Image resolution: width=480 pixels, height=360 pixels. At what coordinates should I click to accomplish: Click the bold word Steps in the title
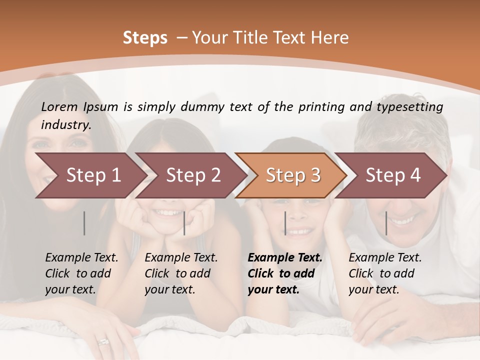(x=145, y=38)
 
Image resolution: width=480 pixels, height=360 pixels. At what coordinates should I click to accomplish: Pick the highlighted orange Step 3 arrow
(x=293, y=175)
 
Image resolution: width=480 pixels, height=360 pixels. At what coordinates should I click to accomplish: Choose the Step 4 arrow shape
(x=393, y=175)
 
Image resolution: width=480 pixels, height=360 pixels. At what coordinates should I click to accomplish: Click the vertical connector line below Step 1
(x=84, y=223)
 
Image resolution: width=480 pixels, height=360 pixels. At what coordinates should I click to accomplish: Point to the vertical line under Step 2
(x=184, y=223)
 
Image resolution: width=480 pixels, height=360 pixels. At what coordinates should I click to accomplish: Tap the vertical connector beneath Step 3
(x=285, y=223)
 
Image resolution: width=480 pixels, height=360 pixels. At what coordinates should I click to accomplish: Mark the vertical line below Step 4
(x=386, y=223)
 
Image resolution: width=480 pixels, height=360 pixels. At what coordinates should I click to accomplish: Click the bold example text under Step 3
(x=284, y=273)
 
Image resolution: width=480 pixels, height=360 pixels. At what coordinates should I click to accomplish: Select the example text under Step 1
(x=81, y=273)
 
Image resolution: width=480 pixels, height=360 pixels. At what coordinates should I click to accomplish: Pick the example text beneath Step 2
(x=181, y=273)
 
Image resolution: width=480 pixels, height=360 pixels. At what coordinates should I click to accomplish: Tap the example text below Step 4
(x=385, y=273)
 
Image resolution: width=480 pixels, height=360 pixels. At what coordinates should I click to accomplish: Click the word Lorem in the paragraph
(x=59, y=107)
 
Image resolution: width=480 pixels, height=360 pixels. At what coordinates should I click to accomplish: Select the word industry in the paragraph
(x=66, y=125)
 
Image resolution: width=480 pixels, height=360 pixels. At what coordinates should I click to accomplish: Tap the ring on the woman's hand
(x=103, y=342)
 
